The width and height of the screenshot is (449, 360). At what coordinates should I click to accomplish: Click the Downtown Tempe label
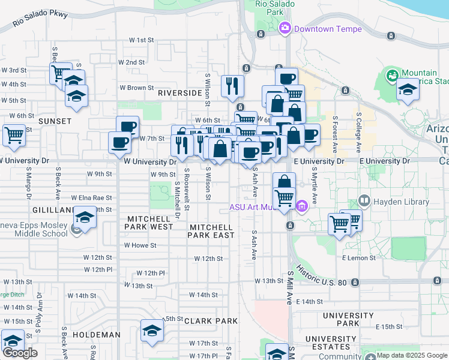pos(328,29)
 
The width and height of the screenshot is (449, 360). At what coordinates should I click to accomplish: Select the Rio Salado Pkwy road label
pos(40,22)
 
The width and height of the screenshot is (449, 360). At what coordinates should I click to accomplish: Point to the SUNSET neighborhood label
pos(55,121)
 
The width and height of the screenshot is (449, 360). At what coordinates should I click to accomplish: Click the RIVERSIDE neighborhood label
pos(179,93)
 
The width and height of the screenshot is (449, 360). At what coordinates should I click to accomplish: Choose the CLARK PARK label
pos(211,321)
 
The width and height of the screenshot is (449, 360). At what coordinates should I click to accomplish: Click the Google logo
pos(20,352)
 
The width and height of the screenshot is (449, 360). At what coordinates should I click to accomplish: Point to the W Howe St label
pos(140,245)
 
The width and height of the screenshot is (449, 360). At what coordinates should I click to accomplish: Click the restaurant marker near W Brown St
pos(232,85)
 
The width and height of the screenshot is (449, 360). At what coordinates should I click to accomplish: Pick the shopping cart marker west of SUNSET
pos(14,134)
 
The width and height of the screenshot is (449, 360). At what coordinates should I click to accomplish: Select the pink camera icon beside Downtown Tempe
pos(285,28)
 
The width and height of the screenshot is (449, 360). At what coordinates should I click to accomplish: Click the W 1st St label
pos(142,40)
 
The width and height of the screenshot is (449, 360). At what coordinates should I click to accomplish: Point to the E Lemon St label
pos(359,258)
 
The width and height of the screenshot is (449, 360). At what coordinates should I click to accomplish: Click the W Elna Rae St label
pos(92,197)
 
